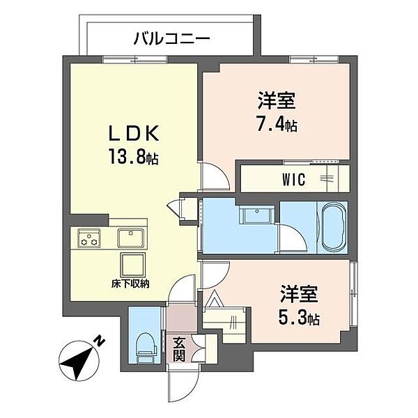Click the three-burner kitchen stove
click(88, 238)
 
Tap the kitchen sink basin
click(130, 238)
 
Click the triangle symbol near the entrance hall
click(215, 300)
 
